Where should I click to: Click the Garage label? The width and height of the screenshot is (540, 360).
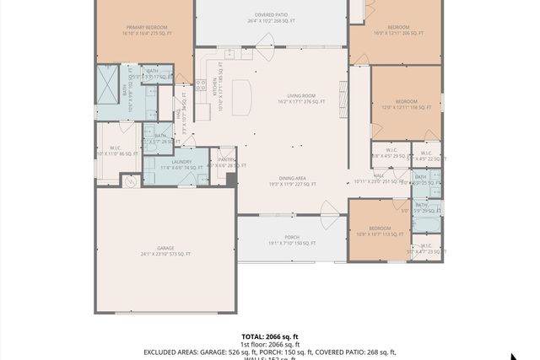[165, 250]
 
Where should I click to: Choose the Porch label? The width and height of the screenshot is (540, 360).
[292, 239]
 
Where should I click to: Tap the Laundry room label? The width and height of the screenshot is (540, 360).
[181, 164]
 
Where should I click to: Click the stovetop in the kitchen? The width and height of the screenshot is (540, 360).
[201, 84]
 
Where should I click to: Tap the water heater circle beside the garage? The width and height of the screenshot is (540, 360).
[130, 180]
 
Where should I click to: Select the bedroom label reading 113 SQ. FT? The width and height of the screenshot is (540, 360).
[379, 230]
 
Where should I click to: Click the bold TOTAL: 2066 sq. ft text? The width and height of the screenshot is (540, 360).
[269, 336]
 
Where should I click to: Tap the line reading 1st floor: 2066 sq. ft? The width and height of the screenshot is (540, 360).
[270, 344]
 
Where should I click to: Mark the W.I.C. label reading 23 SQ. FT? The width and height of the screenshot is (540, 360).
[425, 249]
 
